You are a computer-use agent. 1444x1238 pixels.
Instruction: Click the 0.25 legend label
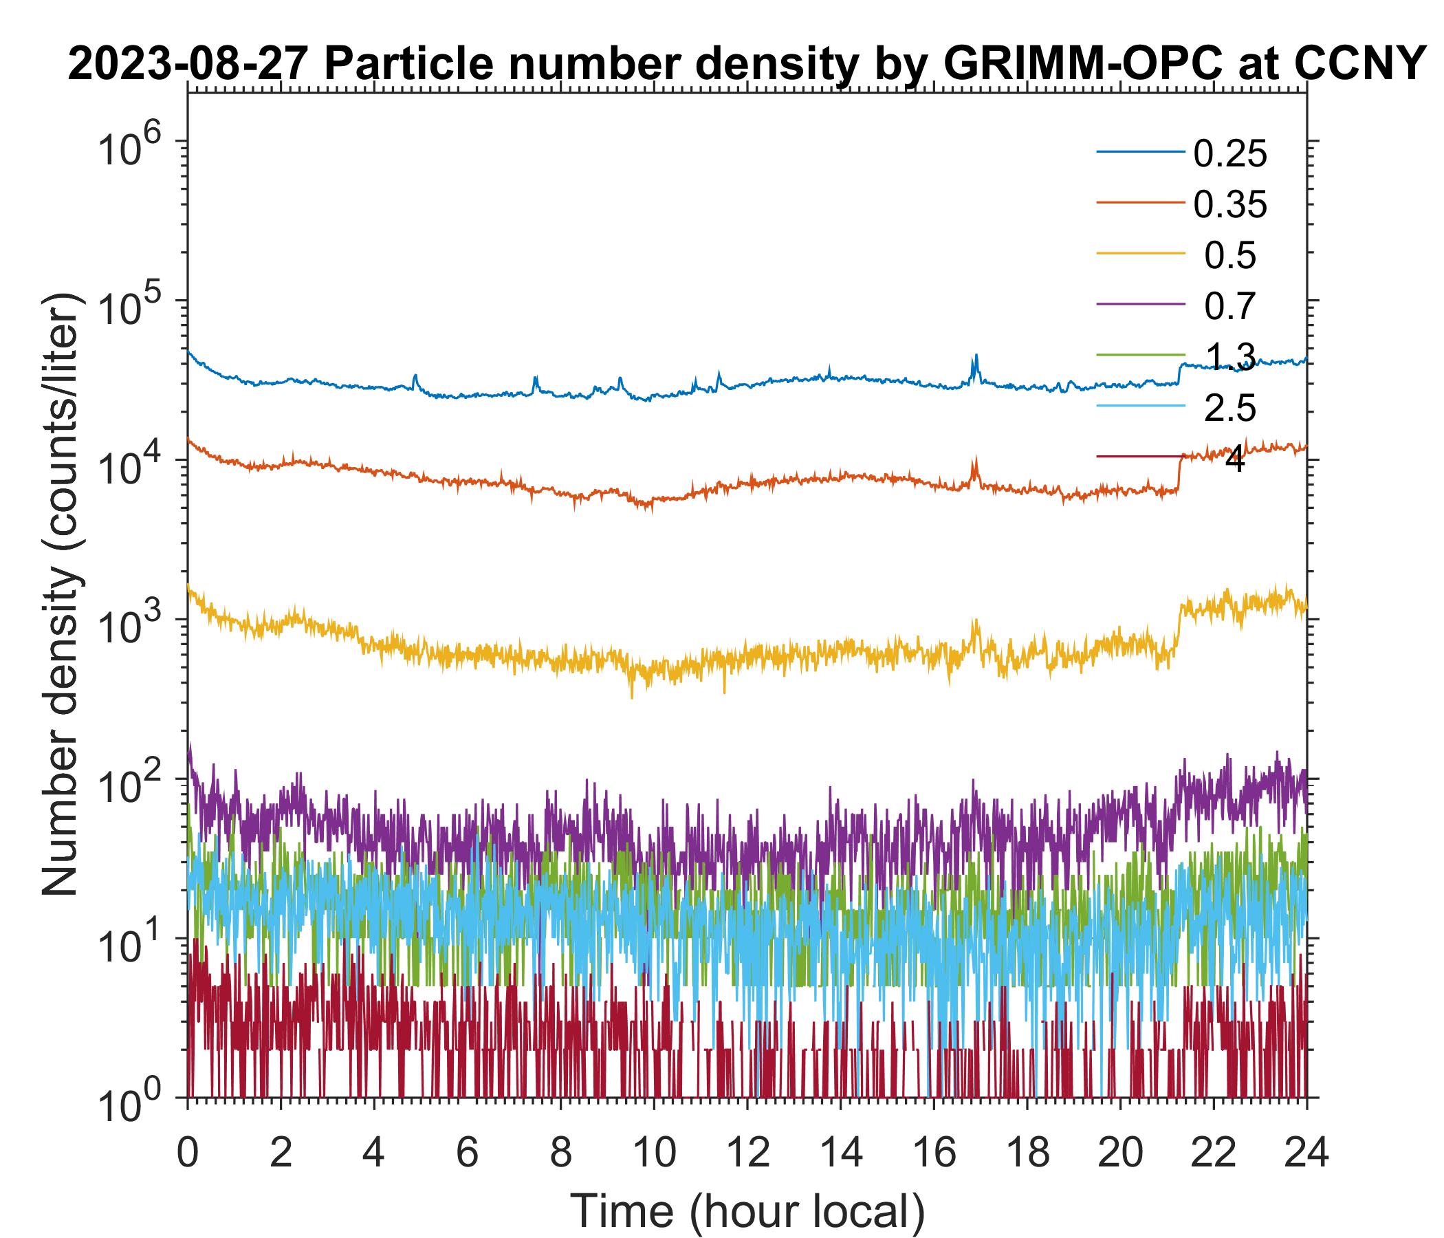tap(1230, 154)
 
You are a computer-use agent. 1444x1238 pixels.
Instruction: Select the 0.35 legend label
tap(1230, 205)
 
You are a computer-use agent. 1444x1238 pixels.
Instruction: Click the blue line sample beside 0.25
tap(1140, 152)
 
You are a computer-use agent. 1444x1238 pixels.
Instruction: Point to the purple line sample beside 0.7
tap(1140, 305)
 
